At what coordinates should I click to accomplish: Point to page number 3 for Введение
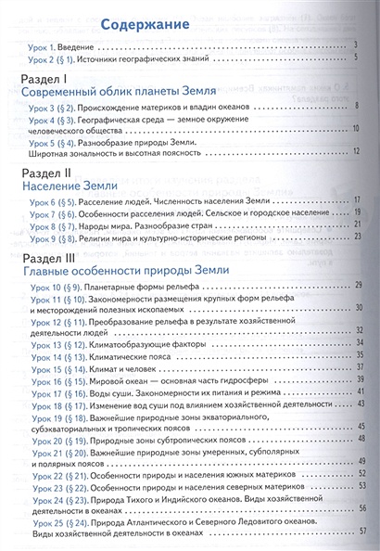[x=356, y=44]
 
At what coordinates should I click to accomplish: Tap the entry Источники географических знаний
[x=140, y=58]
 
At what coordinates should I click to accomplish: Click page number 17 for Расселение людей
[x=354, y=199]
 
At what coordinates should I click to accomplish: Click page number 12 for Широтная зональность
[x=353, y=160]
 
